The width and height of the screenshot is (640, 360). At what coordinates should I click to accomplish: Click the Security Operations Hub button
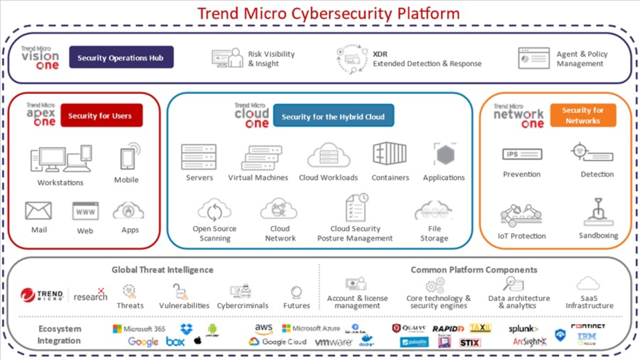(x=121, y=58)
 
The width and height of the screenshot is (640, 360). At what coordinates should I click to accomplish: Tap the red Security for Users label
(x=101, y=115)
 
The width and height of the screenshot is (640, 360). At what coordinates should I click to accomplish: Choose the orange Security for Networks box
(x=582, y=115)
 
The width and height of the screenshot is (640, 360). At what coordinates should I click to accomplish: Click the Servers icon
(x=199, y=156)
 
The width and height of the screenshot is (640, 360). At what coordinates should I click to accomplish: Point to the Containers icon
(x=389, y=155)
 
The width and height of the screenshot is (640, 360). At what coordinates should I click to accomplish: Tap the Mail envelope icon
(x=38, y=210)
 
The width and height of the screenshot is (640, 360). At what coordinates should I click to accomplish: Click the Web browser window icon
(x=85, y=211)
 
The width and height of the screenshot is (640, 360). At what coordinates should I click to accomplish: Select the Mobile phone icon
(x=128, y=158)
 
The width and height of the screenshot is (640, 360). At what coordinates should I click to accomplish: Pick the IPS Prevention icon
(x=522, y=154)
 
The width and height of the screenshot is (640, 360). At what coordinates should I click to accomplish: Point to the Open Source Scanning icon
(x=215, y=211)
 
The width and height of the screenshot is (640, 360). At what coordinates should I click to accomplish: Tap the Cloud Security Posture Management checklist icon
(x=356, y=207)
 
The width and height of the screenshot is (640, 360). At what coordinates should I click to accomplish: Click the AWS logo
(x=264, y=328)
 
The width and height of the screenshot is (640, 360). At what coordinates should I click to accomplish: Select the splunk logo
(x=523, y=329)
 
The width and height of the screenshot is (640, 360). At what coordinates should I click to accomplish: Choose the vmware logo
(x=334, y=342)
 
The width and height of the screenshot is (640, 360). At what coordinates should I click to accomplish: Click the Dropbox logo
(x=186, y=329)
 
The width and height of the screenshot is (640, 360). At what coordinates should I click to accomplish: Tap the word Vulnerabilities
(x=184, y=306)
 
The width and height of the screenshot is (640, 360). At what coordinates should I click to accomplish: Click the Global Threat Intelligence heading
(x=162, y=270)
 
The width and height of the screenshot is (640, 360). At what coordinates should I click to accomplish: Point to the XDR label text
(x=380, y=54)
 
